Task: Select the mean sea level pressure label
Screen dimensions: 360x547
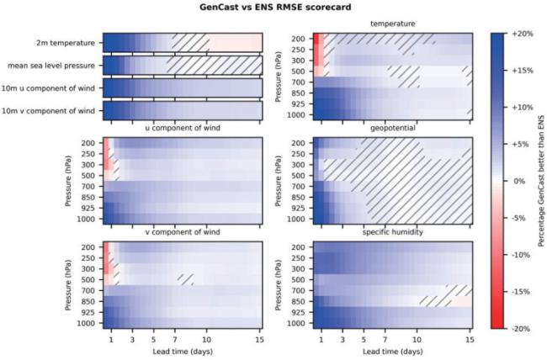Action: pos(54,65)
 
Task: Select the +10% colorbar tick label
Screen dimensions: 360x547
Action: pos(522,107)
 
